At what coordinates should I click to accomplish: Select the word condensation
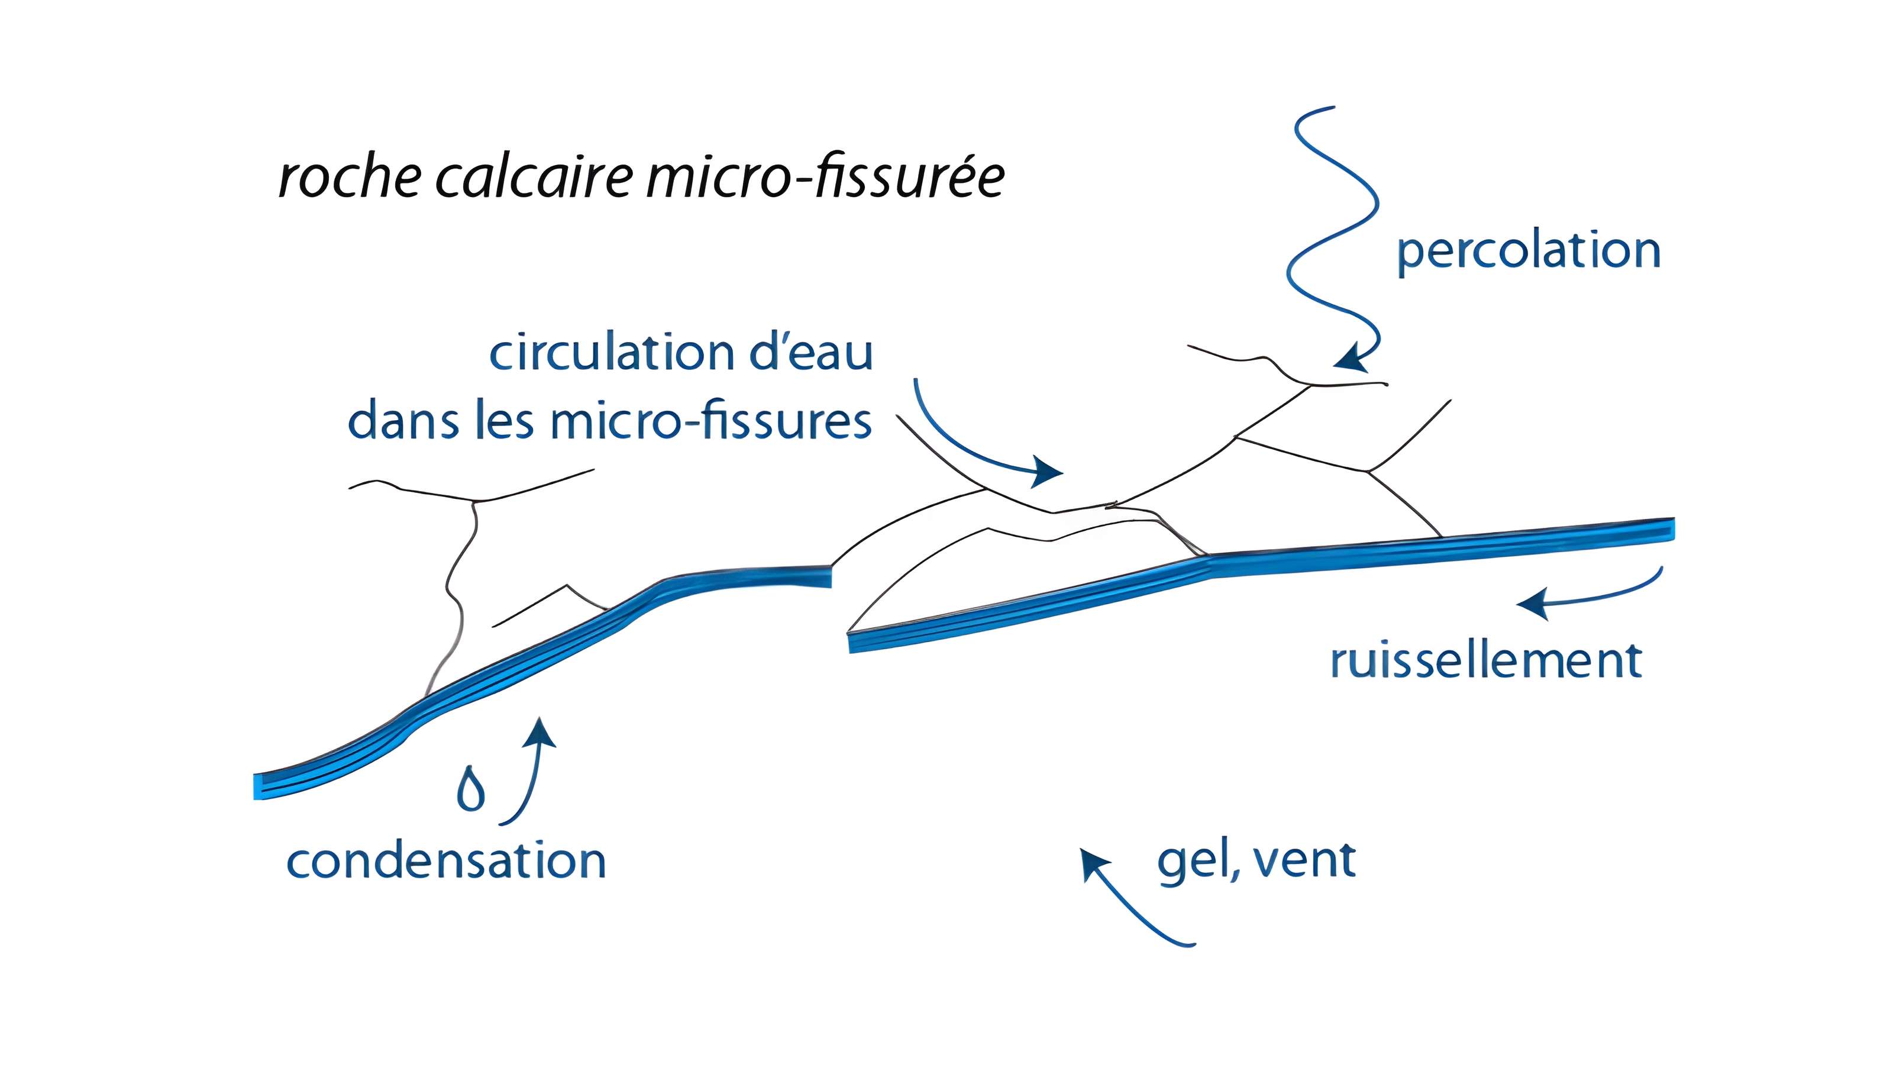tap(446, 861)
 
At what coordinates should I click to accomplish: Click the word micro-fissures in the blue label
tap(710, 421)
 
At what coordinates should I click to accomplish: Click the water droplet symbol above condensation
tap(471, 789)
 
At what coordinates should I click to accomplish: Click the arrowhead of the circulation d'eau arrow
tap(1048, 470)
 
